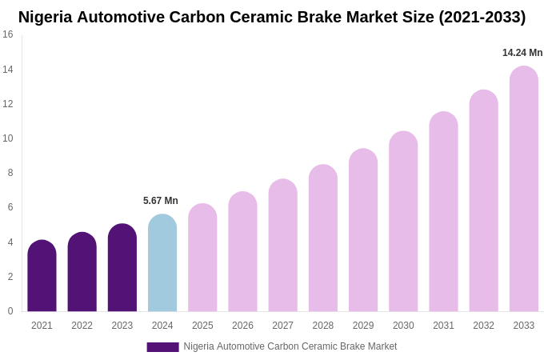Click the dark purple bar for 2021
(42, 276)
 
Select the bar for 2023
(122, 268)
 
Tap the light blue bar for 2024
(162, 263)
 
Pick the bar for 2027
(282, 246)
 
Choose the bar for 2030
(403, 222)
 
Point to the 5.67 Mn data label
(161, 201)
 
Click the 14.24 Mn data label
(522, 53)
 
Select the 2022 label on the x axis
(82, 326)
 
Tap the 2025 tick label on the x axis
(202, 326)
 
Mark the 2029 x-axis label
(363, 326)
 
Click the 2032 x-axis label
(483, 326)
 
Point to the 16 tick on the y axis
(8, 34)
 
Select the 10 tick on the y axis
(8, 138)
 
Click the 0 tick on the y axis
(10, 311)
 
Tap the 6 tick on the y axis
(10, 207)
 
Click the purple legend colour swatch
(162, 347)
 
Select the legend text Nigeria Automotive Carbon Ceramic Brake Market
(290, 346)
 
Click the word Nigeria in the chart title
(45, 17)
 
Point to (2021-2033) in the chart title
(482, 17)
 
